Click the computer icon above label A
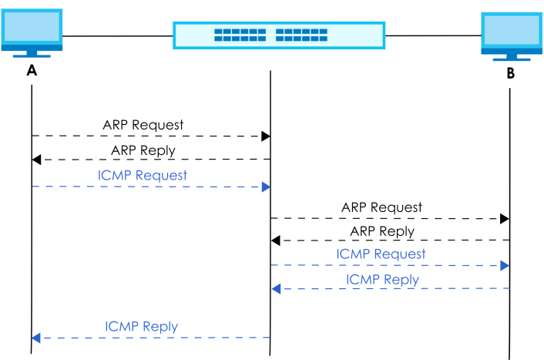(32, 33)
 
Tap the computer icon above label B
(512, 36)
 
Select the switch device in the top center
(279, 35)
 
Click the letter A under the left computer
(32, 70)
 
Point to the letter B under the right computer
(511, 73)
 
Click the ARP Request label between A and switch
(143, 125)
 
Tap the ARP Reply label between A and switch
(143, 150)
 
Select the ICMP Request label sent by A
(143, 175)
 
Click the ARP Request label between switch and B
(381, 207)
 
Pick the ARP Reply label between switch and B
(382, 231)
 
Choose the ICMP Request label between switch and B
(381, 254)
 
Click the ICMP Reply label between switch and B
(382, 280)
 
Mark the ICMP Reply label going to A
(141, 327)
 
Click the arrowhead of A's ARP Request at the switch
(266, 136)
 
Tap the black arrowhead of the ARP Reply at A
(36, 160)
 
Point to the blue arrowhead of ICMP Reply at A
(36, 338)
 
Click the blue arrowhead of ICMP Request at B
(505, 266)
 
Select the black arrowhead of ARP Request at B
(505, 219)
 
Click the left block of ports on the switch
(240, 35)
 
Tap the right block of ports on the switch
(301, 35)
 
